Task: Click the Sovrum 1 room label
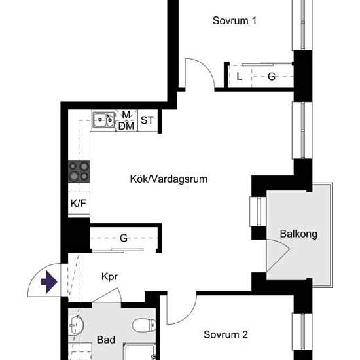point(234,21)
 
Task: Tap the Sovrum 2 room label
point(226,334)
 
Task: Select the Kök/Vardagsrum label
point(169,179)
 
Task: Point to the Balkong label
point(298,234)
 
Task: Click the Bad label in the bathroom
point(106,340)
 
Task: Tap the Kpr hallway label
point(109,277)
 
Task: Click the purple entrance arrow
point(49,281)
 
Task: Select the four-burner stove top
point(79,171)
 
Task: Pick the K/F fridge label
point(79,203)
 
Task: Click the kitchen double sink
point(103,120)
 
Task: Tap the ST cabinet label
point(147,120)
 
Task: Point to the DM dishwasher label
point(126,126)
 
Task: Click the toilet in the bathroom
point(144,325)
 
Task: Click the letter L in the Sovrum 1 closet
point(239,76)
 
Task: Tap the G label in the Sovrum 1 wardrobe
point(272,76)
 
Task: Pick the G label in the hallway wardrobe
point(124,238)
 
